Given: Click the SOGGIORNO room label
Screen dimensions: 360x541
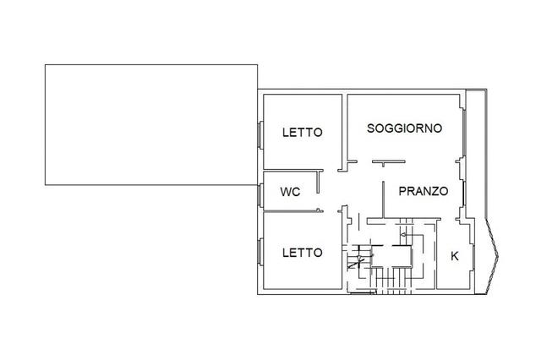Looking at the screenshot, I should point(405,128).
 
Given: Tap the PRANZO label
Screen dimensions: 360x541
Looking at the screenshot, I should point(423,191).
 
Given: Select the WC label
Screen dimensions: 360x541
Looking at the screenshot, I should point(290,192).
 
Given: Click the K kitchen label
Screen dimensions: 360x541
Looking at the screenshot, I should point(455,255).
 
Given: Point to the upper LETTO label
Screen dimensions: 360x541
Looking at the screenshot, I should point(302,132).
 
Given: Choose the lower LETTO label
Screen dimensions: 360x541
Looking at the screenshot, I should point(302,252).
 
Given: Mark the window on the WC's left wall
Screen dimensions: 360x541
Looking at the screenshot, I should point(260,193).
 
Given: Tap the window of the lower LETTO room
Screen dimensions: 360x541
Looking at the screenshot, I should point(260,254).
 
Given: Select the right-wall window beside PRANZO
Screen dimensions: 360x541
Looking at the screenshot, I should point(464,191).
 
